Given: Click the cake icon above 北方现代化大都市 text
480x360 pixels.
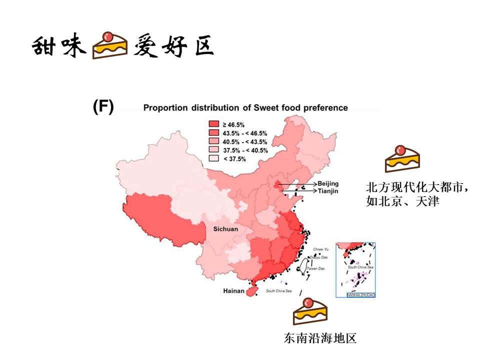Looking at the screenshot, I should pyautogui.click(x=402, y=158).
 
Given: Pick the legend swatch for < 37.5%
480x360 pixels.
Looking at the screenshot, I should pyautogui.click(x=213, y=158).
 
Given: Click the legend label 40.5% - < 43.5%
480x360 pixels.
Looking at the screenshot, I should pyautogui.click(x=245, y=141).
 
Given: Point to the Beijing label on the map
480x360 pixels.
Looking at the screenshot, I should pyautogui.click(x=328, y=184).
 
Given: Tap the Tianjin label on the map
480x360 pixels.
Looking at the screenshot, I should pyautogui.click(x=328, y=191).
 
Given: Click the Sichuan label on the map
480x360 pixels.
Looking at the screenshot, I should pyautogui.click(x=225, y=229).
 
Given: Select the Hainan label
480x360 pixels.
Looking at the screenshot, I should pyautogui.click(x=233, y=290).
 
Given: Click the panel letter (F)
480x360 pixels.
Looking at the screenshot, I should pyautogui.click(x=103, y=106).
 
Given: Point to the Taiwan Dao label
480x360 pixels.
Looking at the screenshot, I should pyautogui.click(x=316, y=269).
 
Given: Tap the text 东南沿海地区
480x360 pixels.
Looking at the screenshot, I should pyautogui.click(x=320, y=338).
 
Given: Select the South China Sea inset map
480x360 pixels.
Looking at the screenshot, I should pyautogui.click(x=356, y=269).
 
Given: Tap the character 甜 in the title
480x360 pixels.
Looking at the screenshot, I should pyautogui.click(x=44, y=47).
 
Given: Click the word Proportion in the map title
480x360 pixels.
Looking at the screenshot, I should pyautogui.click(x=164, y=107).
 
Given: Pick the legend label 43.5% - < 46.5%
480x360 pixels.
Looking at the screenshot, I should pyautogui.click(x=245, y=133).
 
